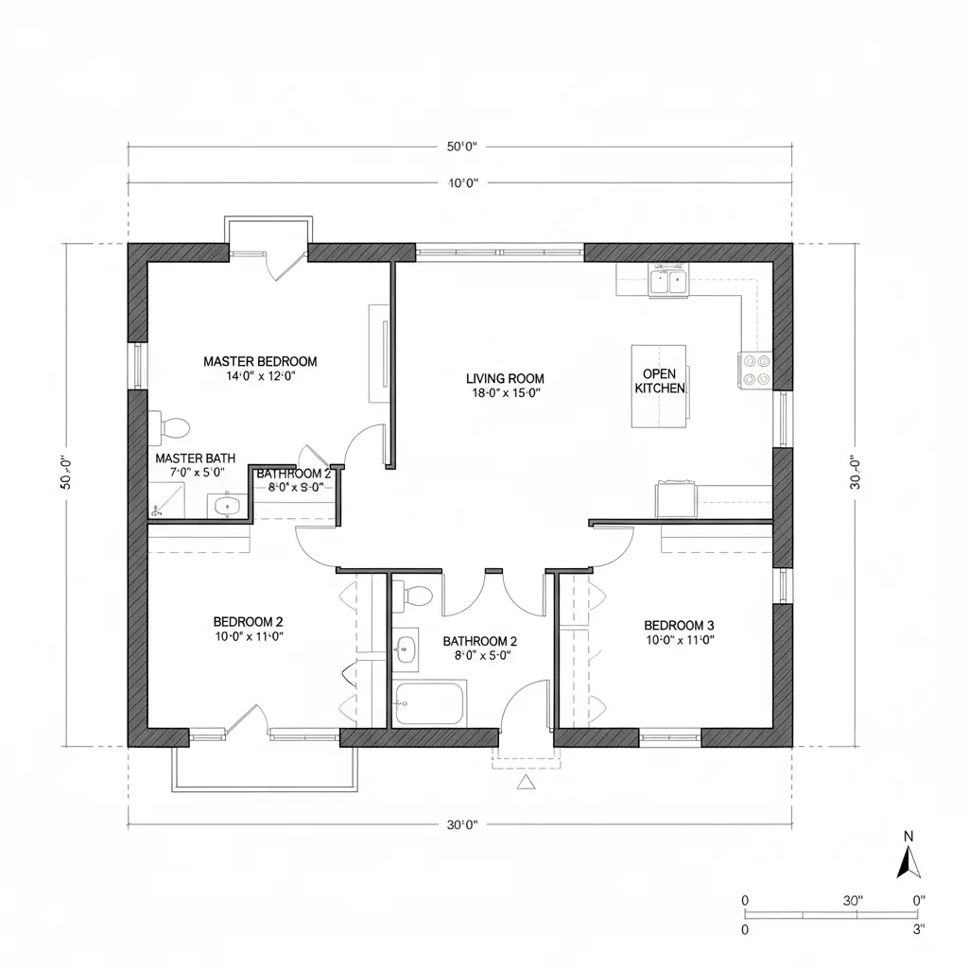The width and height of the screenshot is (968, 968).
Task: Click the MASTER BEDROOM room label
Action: pos(260,361)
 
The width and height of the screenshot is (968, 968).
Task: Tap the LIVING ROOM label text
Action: pos(506,378)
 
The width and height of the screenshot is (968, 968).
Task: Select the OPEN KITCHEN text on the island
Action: pos(660,381)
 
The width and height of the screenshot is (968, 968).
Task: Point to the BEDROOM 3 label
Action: pos(679,625)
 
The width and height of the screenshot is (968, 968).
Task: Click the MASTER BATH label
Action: pos(196,458)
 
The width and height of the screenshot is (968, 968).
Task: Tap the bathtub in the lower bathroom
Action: pos(430,703)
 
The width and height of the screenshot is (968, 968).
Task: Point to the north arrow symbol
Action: pos(908,862)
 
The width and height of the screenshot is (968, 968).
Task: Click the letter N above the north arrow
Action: pos(908,836)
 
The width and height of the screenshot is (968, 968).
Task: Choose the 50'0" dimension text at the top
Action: pos(461,147)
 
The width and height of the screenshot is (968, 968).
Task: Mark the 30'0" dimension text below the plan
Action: pos(461,824)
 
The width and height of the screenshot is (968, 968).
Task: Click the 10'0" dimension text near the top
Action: pos(461,183)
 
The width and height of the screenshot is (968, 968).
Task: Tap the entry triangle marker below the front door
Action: pos(527,782)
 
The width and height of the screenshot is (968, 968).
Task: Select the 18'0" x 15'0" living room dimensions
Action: pos(506,393)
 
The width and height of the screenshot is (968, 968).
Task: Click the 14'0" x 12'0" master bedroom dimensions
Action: pos(260,375)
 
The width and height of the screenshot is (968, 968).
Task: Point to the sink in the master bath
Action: pos(226,507)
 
